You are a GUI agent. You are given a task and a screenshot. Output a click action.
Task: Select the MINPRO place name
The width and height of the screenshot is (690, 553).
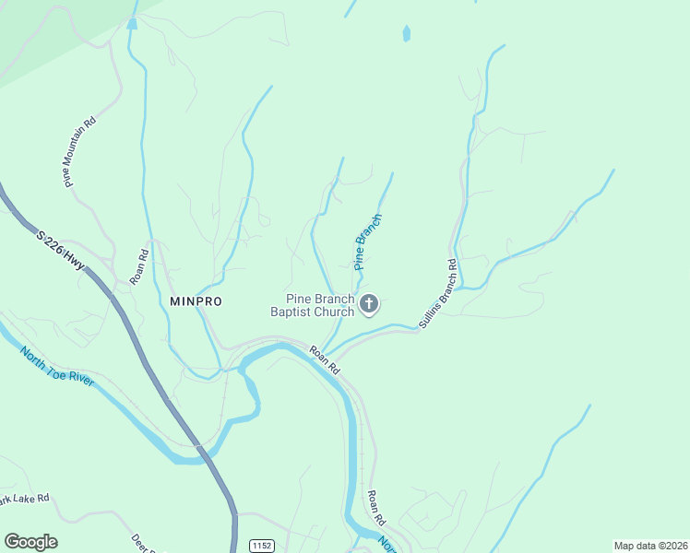pyautogui.click(x=196, y=301)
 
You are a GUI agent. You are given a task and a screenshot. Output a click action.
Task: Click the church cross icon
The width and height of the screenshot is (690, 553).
pyautogui.click(x=369, y=304)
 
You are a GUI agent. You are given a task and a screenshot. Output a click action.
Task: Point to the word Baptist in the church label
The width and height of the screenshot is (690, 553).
pyautogui.click(x=291, y=312)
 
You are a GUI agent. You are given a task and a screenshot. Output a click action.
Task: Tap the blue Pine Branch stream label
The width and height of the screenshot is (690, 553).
pyautogui.click(x=368, y=241)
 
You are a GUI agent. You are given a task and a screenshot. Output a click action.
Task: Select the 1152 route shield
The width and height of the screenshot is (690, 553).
pyautogui.click(x=262, y=546)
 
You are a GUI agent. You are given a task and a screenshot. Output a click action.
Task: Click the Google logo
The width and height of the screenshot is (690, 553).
pyautogui.click(x=30, y=542)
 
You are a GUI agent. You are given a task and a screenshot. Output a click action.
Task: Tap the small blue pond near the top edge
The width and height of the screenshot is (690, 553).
pyautogui.click(x=406, y=35)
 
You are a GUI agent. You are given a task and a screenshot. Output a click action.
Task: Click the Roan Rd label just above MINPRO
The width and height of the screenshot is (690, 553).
pyautogui.click(x=139, y=267)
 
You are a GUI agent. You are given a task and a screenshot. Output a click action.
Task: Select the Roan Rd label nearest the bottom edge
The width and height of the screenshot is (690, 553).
pyautogui.click(x=375, y=507)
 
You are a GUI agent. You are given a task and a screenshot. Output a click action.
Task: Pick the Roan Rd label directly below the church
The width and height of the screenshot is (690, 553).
pyautogui.click(x=325, y=359)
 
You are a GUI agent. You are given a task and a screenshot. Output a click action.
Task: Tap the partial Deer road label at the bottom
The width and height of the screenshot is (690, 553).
pyautogui.click(x=141, y=544)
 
